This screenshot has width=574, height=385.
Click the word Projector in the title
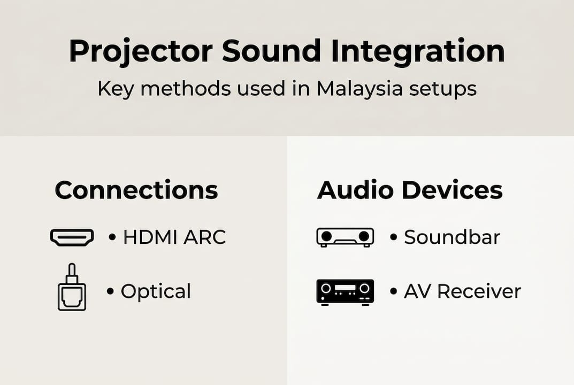click(x=141, y=52)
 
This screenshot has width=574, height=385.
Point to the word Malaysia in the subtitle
click(x=359, y=89)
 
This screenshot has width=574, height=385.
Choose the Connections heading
click(x=136, y=190)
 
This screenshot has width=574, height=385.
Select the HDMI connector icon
click(x=72, y=237)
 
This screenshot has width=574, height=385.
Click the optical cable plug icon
click(x=72, y=287)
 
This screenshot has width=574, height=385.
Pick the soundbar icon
click(x=345, y=237)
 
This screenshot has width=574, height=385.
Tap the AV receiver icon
click(x=345, y=291)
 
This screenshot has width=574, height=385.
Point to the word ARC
click(x=205, y=237)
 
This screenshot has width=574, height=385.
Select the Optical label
click(x=156, y=292)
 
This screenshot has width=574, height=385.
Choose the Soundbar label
click(x=452, y=237)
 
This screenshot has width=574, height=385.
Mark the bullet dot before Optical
click(x=111, y=291)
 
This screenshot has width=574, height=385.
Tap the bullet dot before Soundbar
click(x=394, y=237)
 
